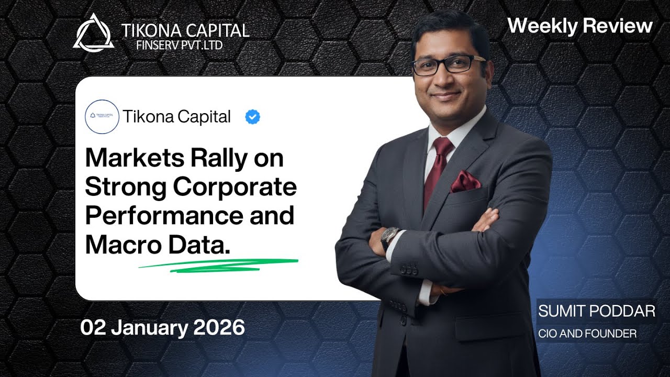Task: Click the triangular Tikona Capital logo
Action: tap(93, 33)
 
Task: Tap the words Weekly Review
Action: tap(580, 26)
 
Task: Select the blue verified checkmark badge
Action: tap(252, 117)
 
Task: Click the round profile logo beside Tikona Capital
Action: tap(102, 117)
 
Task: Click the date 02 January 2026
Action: tap(162, 328)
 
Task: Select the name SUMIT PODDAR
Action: tap(597, 311)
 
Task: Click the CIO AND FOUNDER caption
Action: tap(587, 334)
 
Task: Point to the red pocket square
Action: tap(465, 181)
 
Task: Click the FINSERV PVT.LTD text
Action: tap(179, 45)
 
